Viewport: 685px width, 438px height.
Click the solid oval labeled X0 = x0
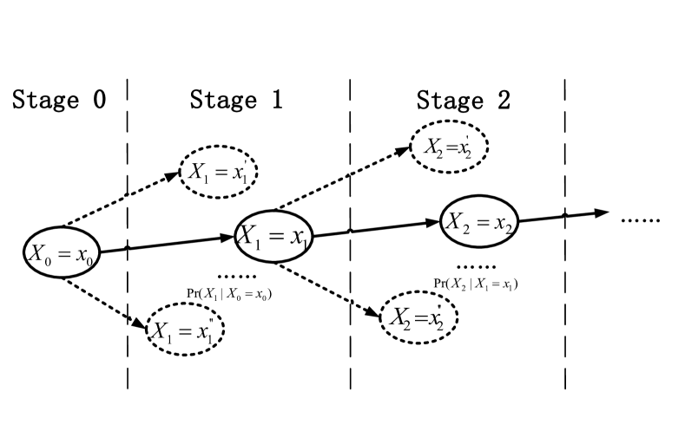(63, 252)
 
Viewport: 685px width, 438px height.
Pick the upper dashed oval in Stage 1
(219, 170)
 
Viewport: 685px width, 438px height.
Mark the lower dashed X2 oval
(419, 317)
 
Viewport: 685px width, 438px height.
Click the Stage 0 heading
(59, 101)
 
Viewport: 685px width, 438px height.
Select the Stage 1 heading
(236, 101)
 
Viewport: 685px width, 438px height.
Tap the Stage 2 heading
(463, 101)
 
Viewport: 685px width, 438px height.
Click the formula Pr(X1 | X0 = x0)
(229, 294)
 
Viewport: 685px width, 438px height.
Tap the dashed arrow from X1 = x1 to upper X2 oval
(343, 178)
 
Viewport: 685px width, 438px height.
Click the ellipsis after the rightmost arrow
(641, 219)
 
